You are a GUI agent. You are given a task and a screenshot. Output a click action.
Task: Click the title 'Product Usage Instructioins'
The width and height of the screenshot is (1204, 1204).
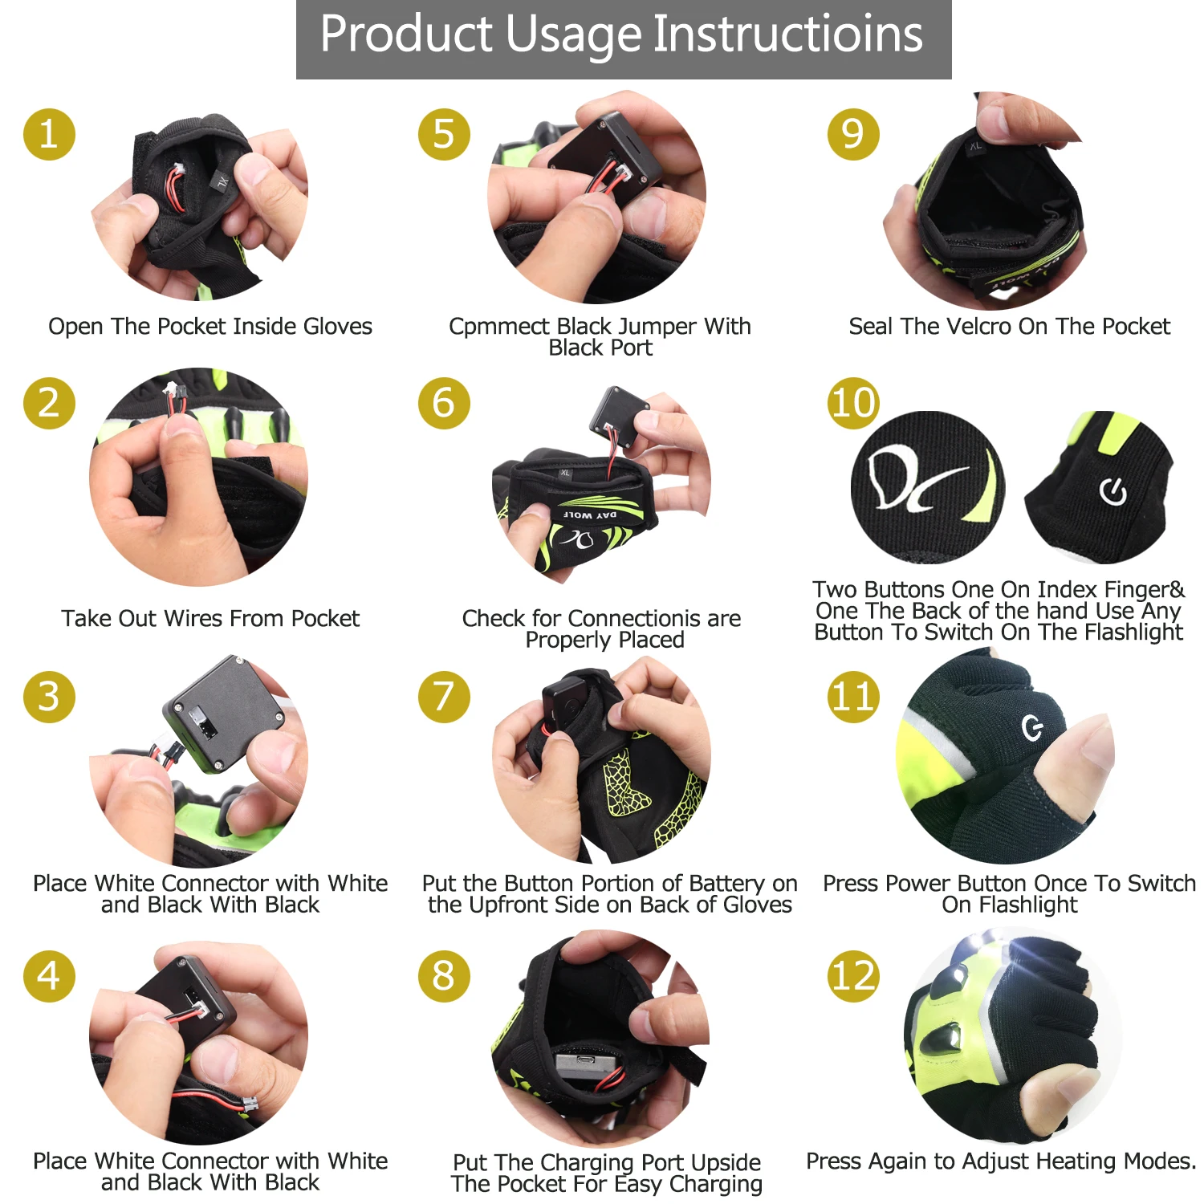[622, 35]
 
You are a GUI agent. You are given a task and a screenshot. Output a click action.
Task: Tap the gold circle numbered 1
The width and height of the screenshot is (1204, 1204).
[49, 134]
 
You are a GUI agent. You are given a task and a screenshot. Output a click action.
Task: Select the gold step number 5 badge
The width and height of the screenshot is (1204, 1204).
[443, 134]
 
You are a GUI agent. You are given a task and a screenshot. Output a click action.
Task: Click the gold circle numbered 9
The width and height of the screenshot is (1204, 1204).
[853, 134]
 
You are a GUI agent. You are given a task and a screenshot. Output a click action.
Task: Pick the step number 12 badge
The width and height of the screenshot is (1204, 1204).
[853, 976]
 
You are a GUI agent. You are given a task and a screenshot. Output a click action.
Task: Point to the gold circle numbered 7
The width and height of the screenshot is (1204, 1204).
[443, 697]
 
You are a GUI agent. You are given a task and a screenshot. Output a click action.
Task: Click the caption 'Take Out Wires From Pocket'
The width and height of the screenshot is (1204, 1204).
[210, 619]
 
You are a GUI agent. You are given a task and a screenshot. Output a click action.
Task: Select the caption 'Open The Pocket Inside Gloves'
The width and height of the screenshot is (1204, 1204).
[210, 327]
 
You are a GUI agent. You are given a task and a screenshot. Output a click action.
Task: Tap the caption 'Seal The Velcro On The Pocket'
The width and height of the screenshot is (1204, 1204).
[1009, 327]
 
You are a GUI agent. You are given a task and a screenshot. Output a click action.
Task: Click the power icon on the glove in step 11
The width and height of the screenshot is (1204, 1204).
[1032, 728]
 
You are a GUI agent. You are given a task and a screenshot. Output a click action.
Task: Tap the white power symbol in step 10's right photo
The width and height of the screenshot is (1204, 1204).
[1112, 491]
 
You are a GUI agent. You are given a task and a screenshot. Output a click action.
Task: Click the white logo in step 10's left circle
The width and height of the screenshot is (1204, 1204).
[915, 482]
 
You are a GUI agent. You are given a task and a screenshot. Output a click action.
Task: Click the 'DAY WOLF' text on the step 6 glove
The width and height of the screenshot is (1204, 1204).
[589, 515]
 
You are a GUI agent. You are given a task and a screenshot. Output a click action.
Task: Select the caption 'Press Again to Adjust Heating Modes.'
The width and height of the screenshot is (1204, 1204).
[1001, 1161]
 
